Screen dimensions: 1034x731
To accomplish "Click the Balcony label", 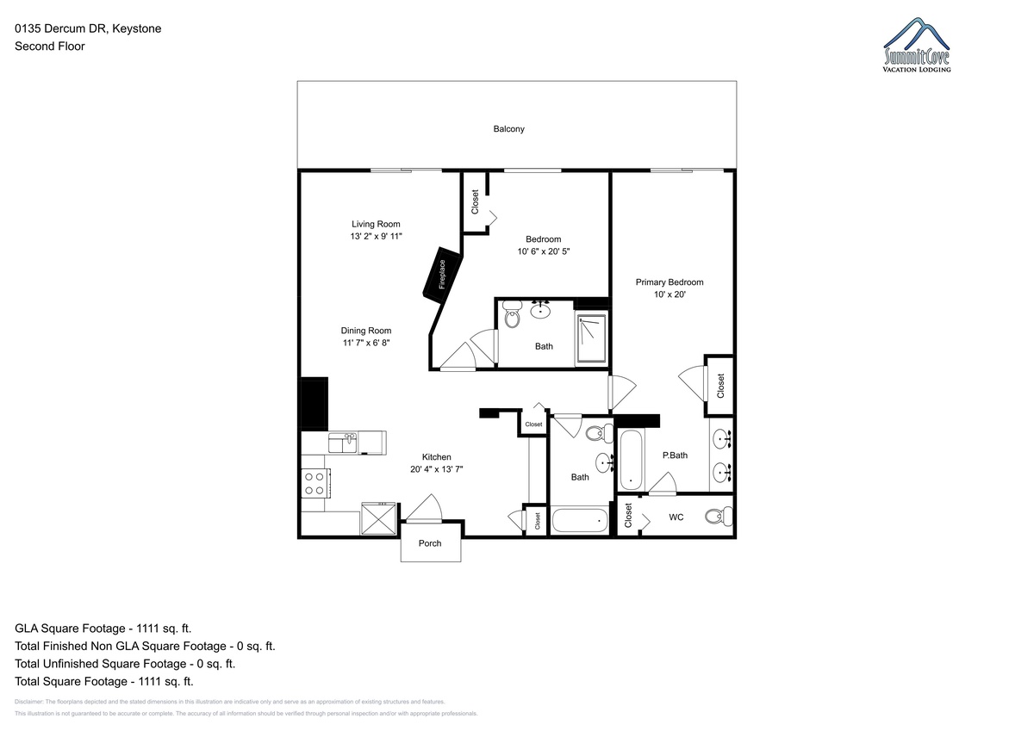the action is (508, 129).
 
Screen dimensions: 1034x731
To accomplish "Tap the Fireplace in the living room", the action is (442, 275).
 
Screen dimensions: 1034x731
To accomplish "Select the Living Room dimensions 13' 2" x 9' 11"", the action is (376, 236).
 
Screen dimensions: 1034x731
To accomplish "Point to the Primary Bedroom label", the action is (670, 282).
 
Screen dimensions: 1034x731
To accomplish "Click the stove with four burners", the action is (315, 483).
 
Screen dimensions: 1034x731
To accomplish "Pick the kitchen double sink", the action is (343, 443).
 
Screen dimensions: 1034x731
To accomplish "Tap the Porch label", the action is (430, 543).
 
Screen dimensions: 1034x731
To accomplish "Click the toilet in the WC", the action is (719, 516).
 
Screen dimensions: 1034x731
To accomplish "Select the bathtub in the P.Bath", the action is (631, 460).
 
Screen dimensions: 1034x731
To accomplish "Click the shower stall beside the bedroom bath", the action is (591, 339).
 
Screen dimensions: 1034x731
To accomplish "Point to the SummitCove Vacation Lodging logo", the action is (917, 45).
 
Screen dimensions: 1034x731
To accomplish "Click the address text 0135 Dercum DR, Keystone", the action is (88, 28).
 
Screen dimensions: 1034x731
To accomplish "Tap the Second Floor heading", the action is (50, 46).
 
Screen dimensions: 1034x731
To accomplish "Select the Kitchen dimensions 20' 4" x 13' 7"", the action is (436, 469).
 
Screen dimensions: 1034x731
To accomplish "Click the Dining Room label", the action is (366, 331).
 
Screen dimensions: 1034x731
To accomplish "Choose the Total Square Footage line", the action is (104, 682).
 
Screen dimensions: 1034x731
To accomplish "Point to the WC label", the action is (676, 517).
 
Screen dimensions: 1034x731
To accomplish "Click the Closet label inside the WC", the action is (628, 515).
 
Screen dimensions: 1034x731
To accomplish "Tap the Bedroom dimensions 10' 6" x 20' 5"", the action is (544, 251).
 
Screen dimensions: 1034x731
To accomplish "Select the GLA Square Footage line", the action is (103, 629).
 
